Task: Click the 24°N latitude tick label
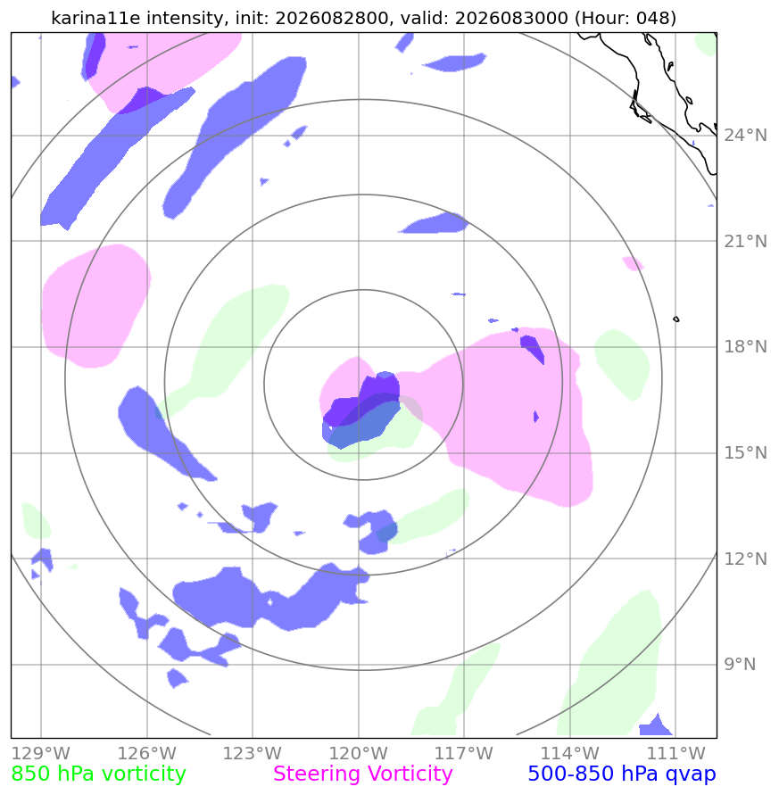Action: (x=745, y=136)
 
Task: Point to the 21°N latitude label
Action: (x=745, y=241)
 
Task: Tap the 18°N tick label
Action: (x=745, y=347)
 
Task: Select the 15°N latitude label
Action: (x=745, y=452)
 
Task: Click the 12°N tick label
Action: (x=745, y=559)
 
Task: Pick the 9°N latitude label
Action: (x=740, y=664)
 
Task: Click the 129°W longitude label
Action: (x=40, y=753)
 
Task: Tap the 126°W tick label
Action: (x=147, y=753)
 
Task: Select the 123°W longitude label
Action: (x=253, y=753)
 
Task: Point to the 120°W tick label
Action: (x=359, y=753)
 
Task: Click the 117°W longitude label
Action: (x=464, y=753)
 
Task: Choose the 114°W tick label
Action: (x=570, y=753)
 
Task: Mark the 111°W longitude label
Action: (x=676, y=753)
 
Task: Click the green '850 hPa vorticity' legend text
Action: (x=99, y=774)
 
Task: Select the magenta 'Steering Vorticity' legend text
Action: (x=362, y=774)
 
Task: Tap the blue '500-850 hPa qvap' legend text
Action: (x=622, y=774)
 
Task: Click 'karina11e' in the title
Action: (x=96, y=18)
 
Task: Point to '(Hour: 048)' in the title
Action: (x=625, y=18)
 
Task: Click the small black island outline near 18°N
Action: (x=676, y=319)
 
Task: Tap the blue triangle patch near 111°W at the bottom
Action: (x=656, y=726)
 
